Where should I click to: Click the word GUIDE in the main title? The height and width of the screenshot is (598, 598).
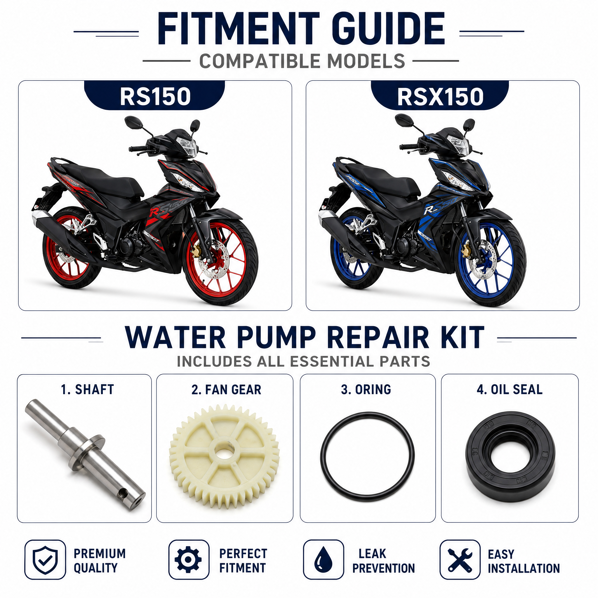[x=388, y=29]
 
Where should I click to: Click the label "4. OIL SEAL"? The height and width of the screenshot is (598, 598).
[x=510, y=390]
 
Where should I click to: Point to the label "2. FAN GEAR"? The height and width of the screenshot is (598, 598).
[x=226, y=390]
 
